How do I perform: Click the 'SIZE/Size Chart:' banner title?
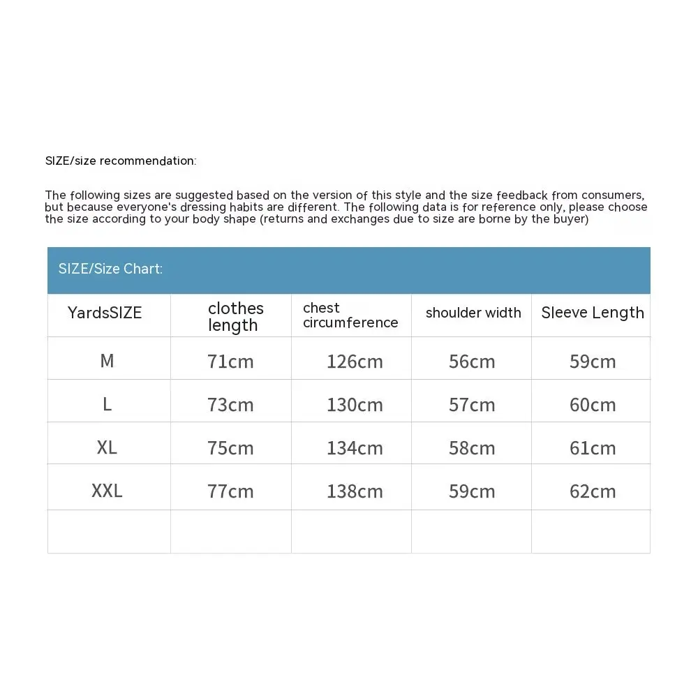(x=110, y=269)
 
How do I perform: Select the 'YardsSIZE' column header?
(x=105, y=313)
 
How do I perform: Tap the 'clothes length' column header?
(x=235, y=316)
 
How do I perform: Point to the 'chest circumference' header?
(x=350, y=315)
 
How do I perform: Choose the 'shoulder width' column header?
(x=473, y=313)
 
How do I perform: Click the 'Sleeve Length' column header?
(x=593, y=313)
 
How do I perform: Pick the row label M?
(x=107, y=360)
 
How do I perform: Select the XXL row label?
(x=107, y=491)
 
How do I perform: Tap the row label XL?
(x=107, y=447)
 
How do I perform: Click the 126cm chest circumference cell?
(x=355, y=362)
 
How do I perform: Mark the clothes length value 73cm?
(x=230, y=405)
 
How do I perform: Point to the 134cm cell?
(x=355, y=448)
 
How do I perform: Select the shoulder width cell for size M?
(x=472, y=362)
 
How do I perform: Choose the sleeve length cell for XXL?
(x=593, y=491)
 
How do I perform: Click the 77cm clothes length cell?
(x=230, y=491)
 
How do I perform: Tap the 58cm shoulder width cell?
(x=472, y=448)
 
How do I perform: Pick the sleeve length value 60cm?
(x=593, y=405)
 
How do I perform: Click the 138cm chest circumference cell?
(x=355, y=491)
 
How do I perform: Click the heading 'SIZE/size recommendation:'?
(x=121, y=161)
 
